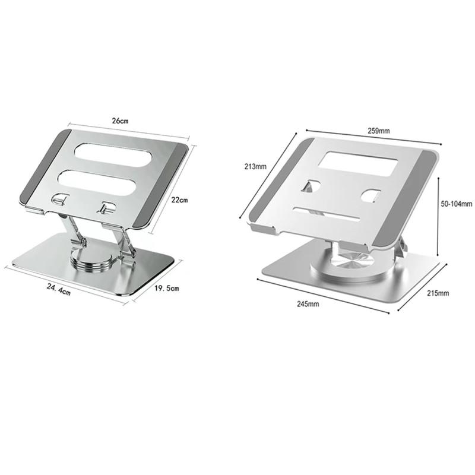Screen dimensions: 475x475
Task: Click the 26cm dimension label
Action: (121, 121)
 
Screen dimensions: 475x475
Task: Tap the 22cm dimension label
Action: (179, 200)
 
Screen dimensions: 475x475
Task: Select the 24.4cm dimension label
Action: (58, 289)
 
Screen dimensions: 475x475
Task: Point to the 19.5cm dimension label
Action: (167, 288)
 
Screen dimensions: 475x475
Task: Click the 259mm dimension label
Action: (379, 131)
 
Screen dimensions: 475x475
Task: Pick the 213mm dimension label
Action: (255, 166)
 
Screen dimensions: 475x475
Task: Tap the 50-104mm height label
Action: (456, 204)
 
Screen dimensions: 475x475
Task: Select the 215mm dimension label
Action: (438, 293)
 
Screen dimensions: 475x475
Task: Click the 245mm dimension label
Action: (308, 304)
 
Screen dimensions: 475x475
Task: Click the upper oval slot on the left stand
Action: (113, 154)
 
